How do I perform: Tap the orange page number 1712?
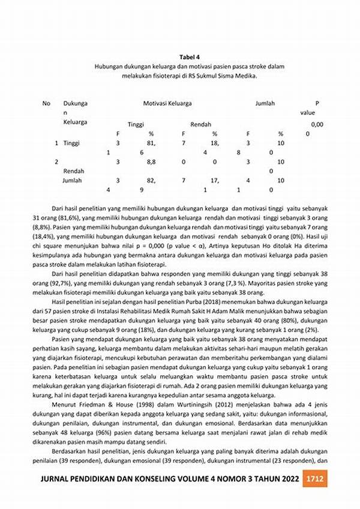coord(315,479)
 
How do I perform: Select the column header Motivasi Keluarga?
coord(167,103)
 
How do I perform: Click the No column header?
coord(46,103)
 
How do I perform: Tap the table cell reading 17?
coord(214,180)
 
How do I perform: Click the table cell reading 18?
coord(214,143)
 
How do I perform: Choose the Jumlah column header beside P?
coord(265,103)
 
